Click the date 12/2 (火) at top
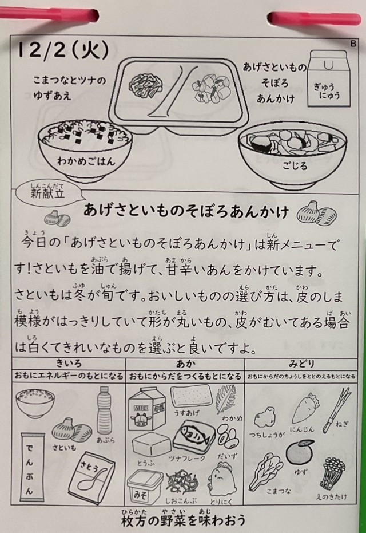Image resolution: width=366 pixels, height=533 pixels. pos(63,50)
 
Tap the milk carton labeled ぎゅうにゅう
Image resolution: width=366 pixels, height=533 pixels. pos(329,78)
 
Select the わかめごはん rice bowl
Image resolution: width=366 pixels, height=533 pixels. pos(85,150)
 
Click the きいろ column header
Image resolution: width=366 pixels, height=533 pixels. pos(69,364)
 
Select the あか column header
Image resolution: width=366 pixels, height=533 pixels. pos(185,364)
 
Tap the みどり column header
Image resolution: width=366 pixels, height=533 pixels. pos(301,364)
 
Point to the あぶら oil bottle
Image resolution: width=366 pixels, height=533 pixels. pos(105,410)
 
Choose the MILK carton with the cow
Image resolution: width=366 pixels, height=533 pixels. pos(146,409)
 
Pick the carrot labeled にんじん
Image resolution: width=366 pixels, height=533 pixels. pos(305,408)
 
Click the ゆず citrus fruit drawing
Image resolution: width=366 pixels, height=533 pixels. pos(300,452)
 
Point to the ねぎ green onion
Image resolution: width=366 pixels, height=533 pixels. pos(336,409)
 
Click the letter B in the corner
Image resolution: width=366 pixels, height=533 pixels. pos(353,44)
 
